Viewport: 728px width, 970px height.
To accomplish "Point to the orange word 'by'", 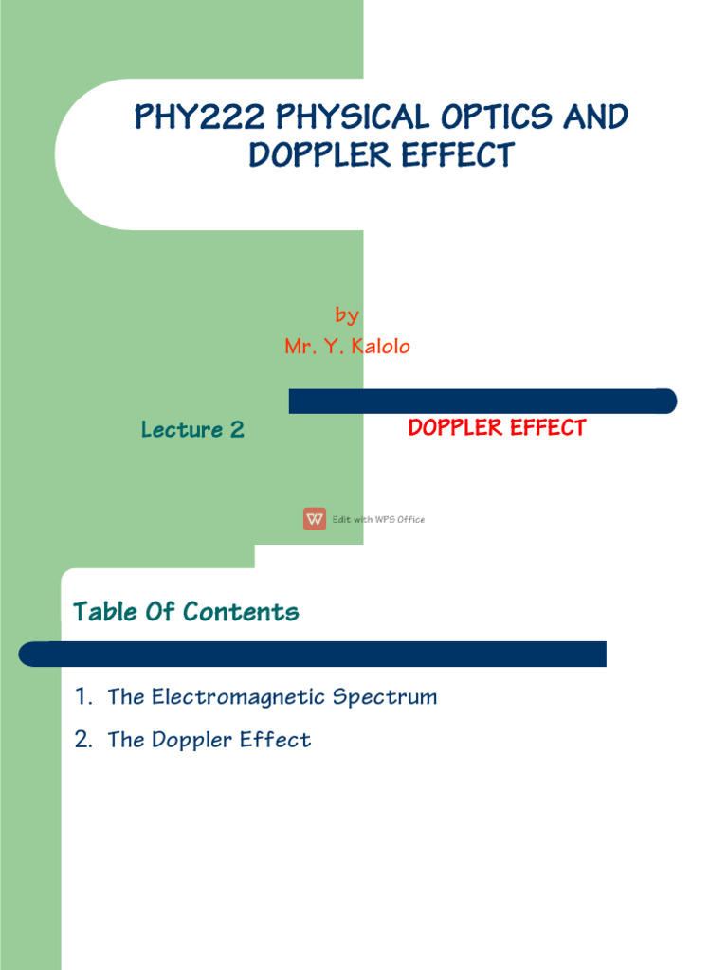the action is (x=347, y=315).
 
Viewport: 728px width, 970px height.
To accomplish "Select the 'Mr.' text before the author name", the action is (x=300, y=347).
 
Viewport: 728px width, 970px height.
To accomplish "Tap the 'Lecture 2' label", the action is (x=192, y=429).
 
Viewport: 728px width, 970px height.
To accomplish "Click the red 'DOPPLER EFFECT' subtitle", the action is (x=497, y=428).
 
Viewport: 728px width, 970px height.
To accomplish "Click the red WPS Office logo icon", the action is (x=315, y=519).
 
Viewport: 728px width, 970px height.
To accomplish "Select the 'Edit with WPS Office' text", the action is (x=378, y=519).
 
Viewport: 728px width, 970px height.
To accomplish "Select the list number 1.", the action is (x=82, y=697).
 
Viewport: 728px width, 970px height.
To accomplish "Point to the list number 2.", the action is (x=83, y=740).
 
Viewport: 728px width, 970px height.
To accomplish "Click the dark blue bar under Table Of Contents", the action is (x=313, y=654).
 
